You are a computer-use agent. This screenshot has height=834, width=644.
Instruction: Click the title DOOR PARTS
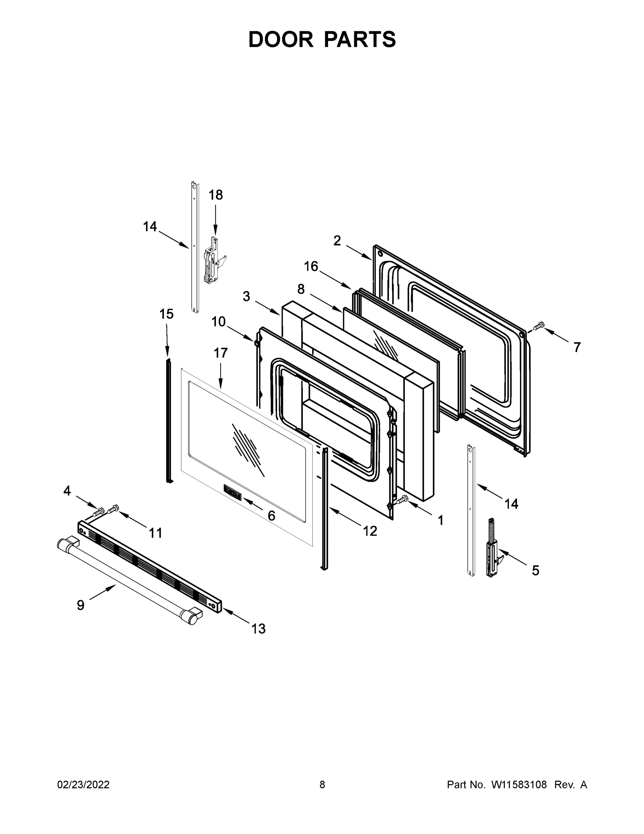click(x=322, y=39)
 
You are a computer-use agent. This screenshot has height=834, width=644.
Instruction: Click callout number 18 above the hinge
click(x=216, y=195)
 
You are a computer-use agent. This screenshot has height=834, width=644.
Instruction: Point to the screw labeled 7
click(x=538, y=326)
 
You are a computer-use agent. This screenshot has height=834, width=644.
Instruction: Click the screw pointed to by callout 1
click(x=402, y=499)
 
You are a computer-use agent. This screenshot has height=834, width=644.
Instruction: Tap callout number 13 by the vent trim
click(x=258, y=628)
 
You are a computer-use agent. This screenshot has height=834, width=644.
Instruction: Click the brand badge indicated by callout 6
click(x=232, y=496)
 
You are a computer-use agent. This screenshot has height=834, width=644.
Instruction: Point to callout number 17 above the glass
click(x=220, y=353)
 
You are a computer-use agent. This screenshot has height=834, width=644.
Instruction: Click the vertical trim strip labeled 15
click(x=169, y=420)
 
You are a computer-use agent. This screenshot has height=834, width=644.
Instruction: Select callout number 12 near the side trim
click(x=370, y=531)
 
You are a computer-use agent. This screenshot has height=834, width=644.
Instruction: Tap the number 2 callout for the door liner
click(x=337, y=241)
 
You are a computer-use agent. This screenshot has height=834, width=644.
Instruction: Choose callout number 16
click(x=311, y=266)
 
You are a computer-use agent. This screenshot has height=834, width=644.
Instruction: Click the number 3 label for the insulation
click(x=246, y=296)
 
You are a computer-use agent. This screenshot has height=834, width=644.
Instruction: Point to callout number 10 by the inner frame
click(x=219, y=322)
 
